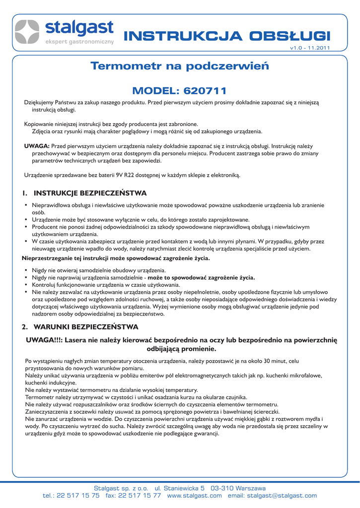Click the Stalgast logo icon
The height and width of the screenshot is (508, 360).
(x=27, y=33)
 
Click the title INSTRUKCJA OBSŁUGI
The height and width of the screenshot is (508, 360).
(x=226, y=36)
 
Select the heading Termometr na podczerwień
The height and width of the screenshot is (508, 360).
(x=179, y=66)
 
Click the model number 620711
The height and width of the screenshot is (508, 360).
(x=205, y=91)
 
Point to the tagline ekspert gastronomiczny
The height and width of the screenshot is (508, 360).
(x=80, y=41)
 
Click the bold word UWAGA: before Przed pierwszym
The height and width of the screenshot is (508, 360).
(x=37, y=146)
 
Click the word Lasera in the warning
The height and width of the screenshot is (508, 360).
(x=77, y=340)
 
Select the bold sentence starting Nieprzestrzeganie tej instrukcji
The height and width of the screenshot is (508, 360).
(x=116, y=258)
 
